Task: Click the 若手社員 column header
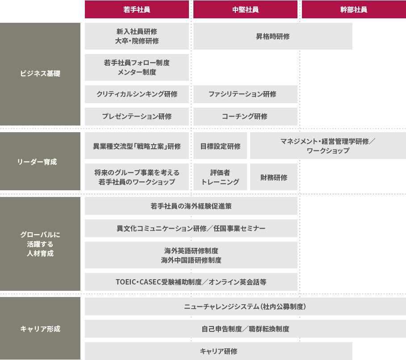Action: click(137, 9)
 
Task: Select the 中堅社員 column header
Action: click(245, 9)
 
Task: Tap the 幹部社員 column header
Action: click(354, 9)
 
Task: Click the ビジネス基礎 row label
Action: click(40, 74)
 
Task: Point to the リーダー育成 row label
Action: click(40, 161)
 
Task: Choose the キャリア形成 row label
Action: click(40, 328)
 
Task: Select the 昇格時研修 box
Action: click(272, 36)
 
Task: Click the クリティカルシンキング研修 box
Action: click(137, 94)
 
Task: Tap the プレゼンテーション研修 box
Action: click(137, 116)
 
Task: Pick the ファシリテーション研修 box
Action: click(245, 94)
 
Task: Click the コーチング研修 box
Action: click(245, 116)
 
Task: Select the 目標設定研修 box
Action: click(220, 146)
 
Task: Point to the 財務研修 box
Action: click(274, 177)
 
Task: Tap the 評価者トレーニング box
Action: click(220, 177)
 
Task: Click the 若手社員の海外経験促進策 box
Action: click(191, 206)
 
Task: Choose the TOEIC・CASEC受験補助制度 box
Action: click(191, 282)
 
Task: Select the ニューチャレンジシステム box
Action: click(245, 306)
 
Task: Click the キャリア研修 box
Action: click(218, 351)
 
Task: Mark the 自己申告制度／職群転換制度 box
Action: click(245, 329)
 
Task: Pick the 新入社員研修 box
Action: click(137, 36)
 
